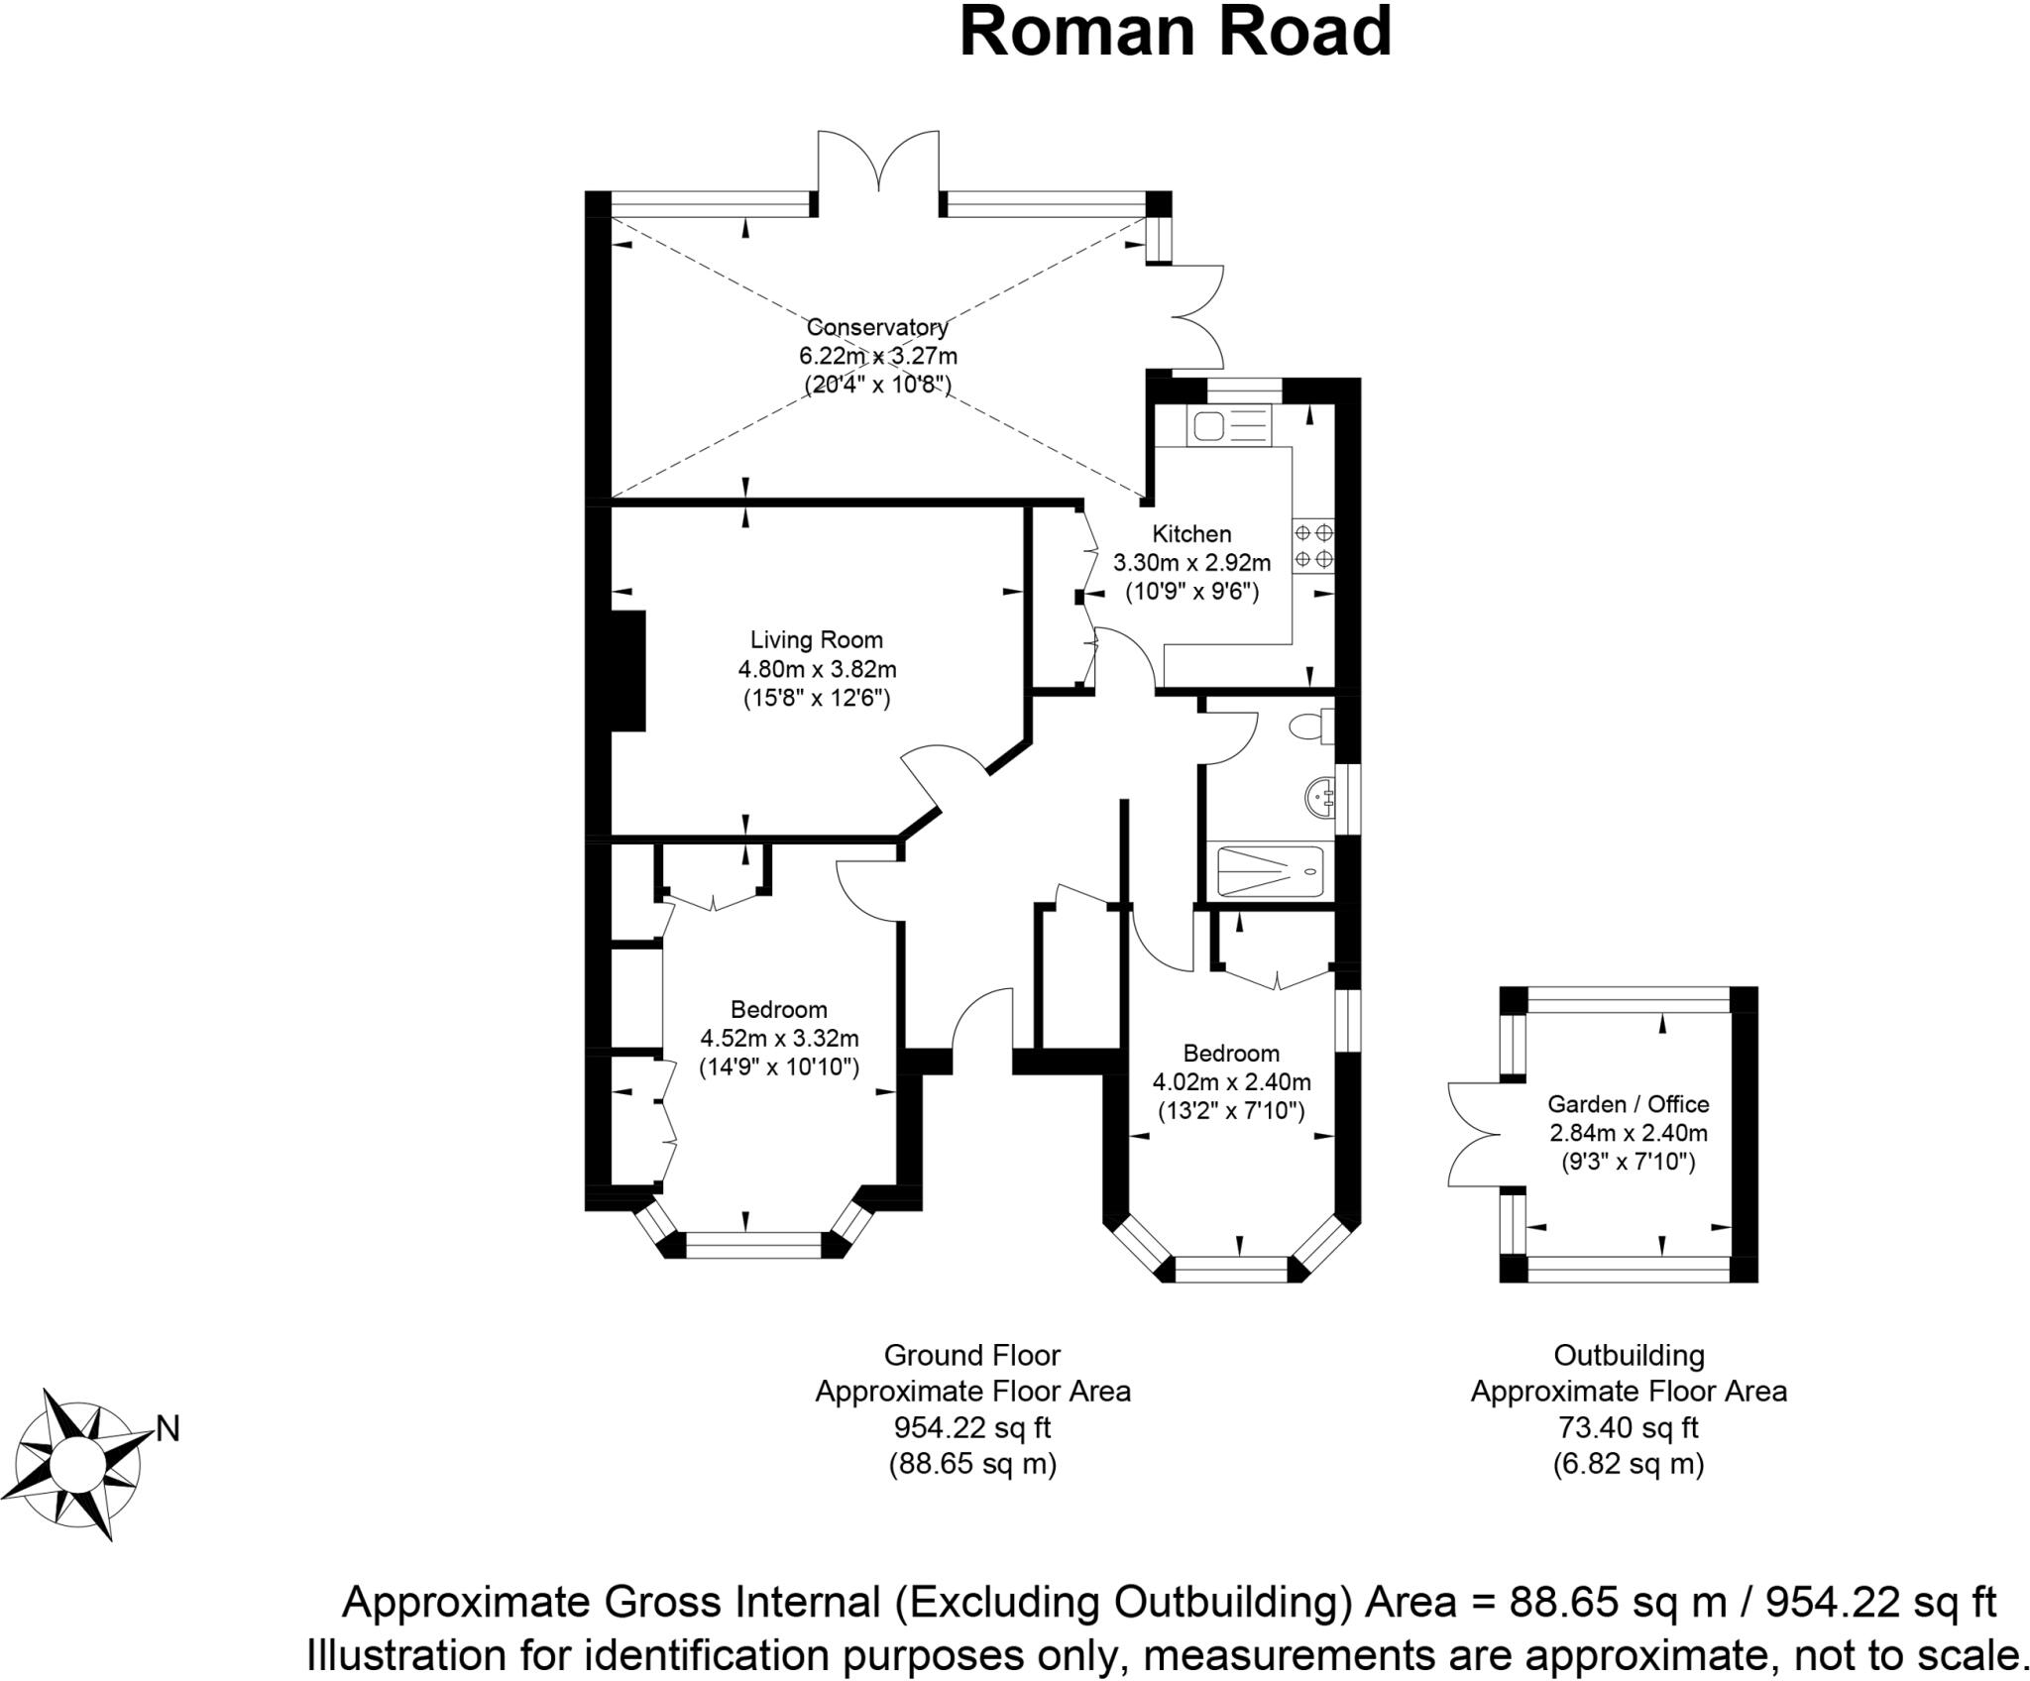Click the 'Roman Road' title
[x=1176, y=32]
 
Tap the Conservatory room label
[x=877, y=327]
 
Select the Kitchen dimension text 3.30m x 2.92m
[x=1191, y=564]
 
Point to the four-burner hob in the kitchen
[x=1313, y=546]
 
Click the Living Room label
[x=816, y=640]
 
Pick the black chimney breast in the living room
[x=628, y=671]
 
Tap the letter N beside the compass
[x=168, y=1429]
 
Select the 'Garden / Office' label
[x=1629, y=1104]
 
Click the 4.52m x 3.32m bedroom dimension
[x=779, y=1039]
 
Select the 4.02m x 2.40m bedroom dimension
[x=1231, y=1081]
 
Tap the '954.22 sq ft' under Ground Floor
[x=972, y=1427]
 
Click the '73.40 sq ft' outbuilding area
[x=1628, y=1427]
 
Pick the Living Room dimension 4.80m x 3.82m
[x=816, y=669]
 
